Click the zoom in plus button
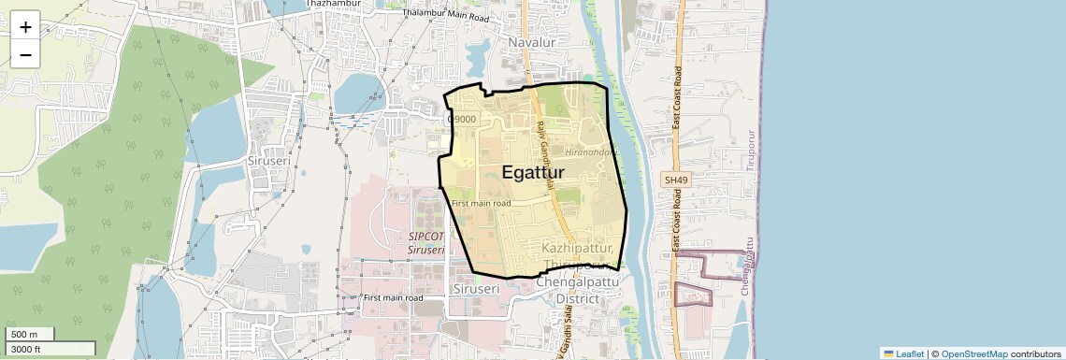tap(25, 27)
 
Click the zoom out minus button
tap(25, 55)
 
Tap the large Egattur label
tap(540, 172)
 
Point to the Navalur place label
tap(532, 43)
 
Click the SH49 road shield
tap(674, 180)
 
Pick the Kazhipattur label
tap(578, 249)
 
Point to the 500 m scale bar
tap(28, 335)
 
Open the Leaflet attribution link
tap(902, 353)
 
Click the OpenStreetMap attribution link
tap(973, 353)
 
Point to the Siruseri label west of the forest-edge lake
tap(267, 161)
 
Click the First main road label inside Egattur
tap(481, 203)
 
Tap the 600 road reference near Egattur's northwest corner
tap(462, 119)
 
